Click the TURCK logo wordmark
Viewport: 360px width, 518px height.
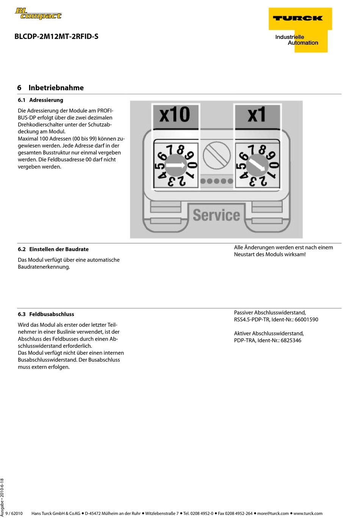[x=298, y=18]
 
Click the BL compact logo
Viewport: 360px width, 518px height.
[x=38, y=14]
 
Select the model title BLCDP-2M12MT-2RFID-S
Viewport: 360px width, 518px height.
[x=56, y=36]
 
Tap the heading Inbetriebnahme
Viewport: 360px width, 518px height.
[x=56, y=88]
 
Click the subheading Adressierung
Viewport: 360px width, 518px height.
[x=46, y=100]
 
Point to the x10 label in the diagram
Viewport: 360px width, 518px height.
[x=175, y=114]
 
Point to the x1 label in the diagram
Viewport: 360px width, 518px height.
[x=257, y=114]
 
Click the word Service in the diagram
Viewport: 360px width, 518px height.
[x=216, y=215]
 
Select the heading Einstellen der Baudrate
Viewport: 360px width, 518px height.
[x=59, y=249]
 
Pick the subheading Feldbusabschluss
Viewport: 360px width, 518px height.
[x=52, y=314]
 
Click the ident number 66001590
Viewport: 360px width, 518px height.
[x=306, y=319]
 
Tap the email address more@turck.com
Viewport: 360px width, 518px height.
[x=273, y=513]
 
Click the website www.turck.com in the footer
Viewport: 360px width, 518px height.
[x=308, y=513]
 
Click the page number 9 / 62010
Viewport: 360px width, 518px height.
[x=14, y=513]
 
